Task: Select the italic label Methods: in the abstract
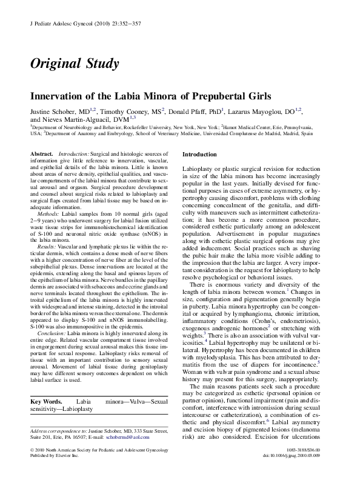tap(48, 215)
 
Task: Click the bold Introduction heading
tap(199, 155)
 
